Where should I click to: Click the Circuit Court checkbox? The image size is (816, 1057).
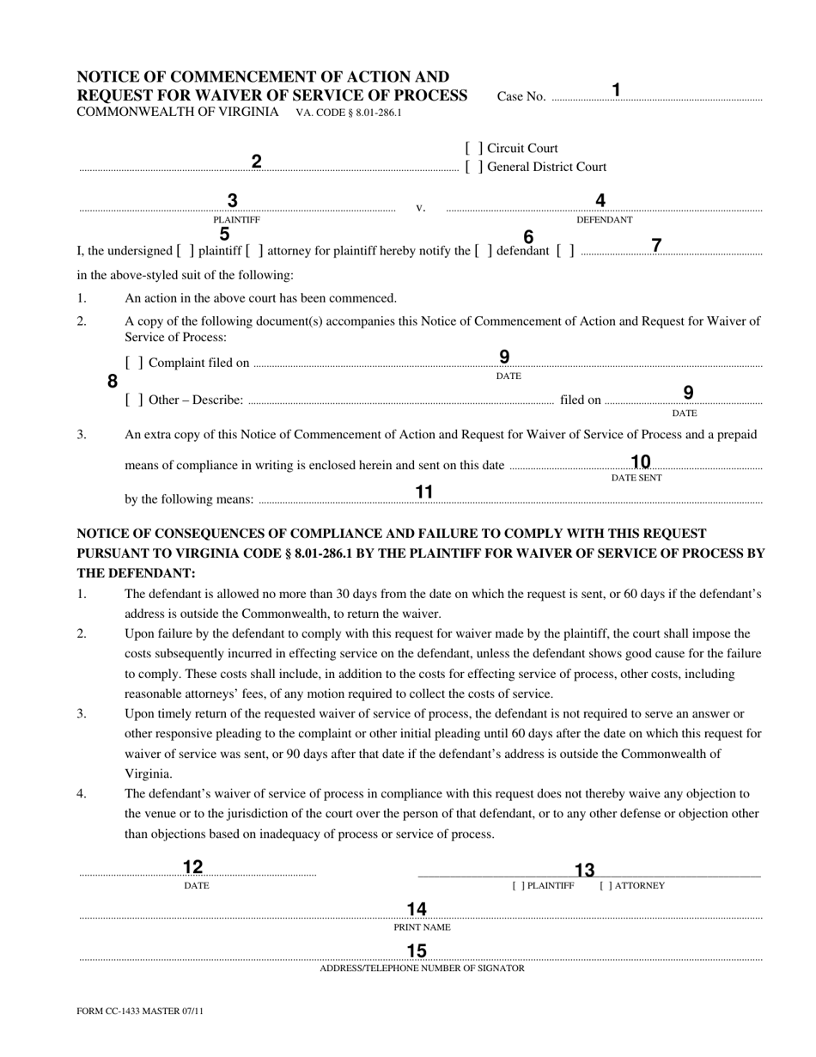[474, 149]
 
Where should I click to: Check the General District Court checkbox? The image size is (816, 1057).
[474, 168]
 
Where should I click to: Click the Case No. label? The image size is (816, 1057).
[521, 96]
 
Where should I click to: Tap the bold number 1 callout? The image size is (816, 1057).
[616, 89]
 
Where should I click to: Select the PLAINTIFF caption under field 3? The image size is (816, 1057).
[236, 220]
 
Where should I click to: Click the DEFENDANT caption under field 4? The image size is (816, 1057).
[604, 220]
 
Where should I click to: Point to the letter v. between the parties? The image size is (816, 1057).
[421, 208]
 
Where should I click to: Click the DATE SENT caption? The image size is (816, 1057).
[636, 478]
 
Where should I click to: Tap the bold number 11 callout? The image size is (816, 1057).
[423, 492]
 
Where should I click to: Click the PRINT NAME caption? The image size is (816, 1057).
[422, 927]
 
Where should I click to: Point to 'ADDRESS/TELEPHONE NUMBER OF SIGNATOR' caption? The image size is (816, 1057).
[422, 968]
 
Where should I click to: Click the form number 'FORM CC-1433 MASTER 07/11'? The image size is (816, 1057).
[141, 1011]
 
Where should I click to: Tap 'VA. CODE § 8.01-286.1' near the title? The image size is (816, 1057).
[349, 113]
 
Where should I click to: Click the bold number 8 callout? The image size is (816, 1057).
[113, 382]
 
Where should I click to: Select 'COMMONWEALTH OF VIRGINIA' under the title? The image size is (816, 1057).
[178, 112]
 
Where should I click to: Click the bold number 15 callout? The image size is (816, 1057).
[417, 950]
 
